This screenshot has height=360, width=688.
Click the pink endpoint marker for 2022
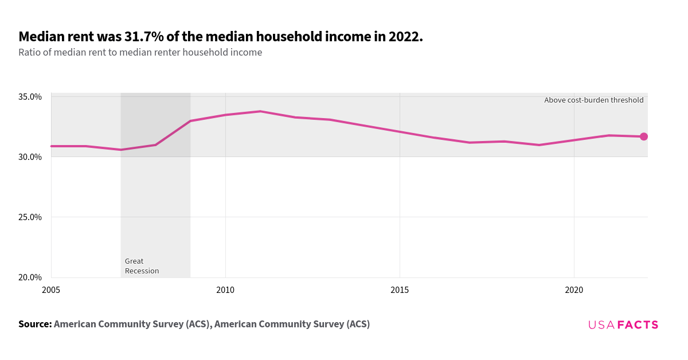tap(643, 136)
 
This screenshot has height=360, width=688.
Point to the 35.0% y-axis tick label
tap(30, 97)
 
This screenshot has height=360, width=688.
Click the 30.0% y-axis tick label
tap(30, 157)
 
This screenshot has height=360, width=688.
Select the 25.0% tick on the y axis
tap(30, 217)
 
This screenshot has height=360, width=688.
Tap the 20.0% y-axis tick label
tap(30, 277)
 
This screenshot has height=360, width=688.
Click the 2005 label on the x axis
tap(51, 291)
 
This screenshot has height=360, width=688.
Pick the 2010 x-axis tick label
tap(225, 291)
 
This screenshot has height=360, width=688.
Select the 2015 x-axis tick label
tap(400, 291)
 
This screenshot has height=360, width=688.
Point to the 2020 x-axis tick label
tap(574, 291)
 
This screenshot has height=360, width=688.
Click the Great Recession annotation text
tap(141, 266)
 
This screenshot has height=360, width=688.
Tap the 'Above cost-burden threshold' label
tap(593, 100)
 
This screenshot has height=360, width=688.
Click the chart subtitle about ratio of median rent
tap(140, 53)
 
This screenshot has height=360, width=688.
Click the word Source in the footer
tap(34, 324)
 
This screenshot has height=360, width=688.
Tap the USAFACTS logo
tap(623, 325)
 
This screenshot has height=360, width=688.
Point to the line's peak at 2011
tap(260, 111)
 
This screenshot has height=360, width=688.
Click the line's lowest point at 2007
tap(121, 150)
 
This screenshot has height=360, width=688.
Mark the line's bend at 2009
tap(190, 121)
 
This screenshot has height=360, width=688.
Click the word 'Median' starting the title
tap(41, 37)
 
